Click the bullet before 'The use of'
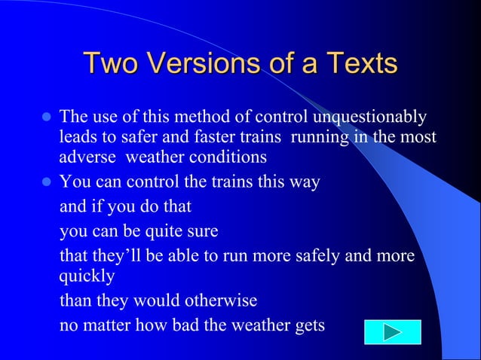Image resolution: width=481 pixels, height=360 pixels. [44, 117]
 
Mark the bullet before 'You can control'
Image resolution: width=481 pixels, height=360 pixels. [44, 182]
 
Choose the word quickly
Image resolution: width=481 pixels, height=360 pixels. [87, 276]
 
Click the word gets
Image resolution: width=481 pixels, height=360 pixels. [306, 325]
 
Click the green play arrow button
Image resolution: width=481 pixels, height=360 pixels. [392, 331]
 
